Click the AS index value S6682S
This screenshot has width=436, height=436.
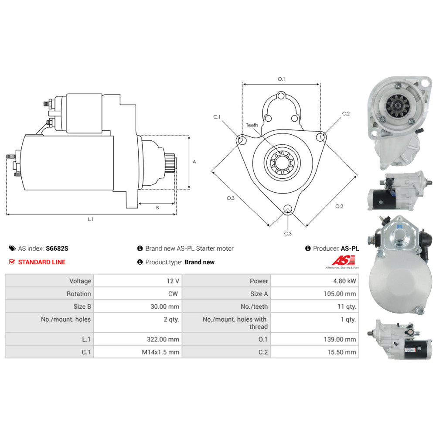(57, 249)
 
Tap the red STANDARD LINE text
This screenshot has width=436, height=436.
(42, 262)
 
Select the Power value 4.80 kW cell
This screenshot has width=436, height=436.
(315, 281)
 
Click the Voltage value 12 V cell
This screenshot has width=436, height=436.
(138, 281)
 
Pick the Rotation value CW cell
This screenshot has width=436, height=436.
(138, 293)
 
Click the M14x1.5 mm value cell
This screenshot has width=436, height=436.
(138, 352)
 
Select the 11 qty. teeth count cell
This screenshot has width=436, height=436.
(315, 307)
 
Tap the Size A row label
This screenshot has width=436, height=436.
(259, 293)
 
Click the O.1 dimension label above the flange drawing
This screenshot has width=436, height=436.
(281, 79)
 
